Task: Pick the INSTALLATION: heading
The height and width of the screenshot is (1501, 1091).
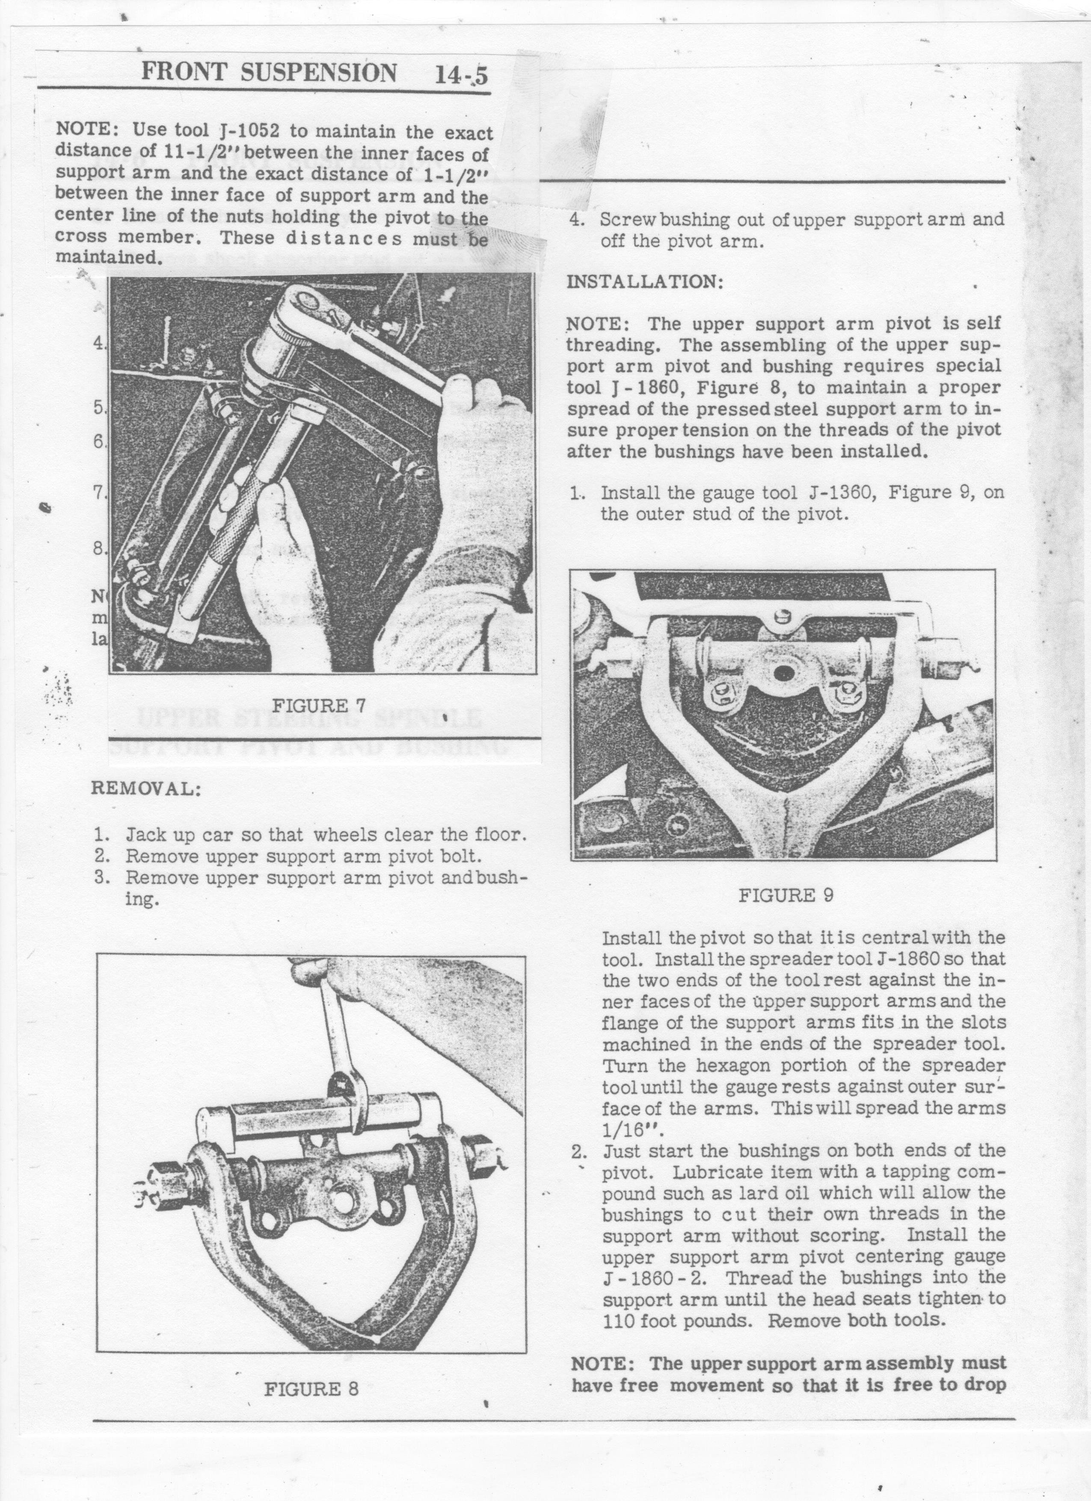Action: click(645, 282)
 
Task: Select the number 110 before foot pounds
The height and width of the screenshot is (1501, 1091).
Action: click(618, 1321)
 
